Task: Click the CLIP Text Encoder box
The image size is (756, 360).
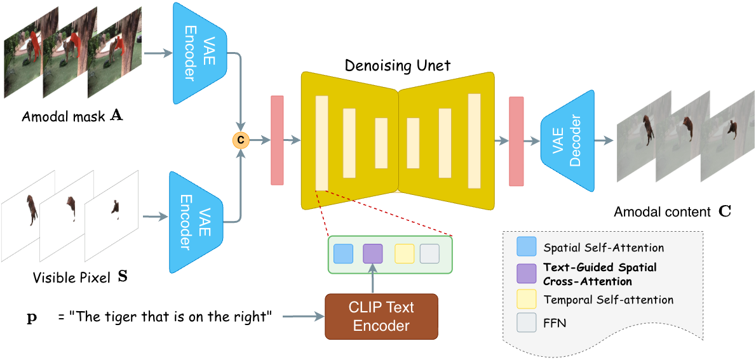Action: click(381, 316)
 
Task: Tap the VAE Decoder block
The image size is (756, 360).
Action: click(567, 141)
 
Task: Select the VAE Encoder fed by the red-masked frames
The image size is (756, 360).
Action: click(199, 53)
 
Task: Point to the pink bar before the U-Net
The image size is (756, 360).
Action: click(277, 140)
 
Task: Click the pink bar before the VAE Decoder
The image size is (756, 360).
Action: click(516, 141)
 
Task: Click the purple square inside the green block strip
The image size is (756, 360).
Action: click(372, 254)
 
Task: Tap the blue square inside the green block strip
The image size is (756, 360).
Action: click(343, 254)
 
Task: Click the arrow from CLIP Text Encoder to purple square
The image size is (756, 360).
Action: click(373, 279)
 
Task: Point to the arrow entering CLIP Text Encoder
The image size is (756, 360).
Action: click(303, 316)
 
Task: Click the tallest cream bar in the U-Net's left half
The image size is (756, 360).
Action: click(321, 142)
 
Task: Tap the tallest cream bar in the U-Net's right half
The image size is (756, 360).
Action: click(474, 141)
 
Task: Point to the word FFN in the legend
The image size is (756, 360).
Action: click(555, 323)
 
